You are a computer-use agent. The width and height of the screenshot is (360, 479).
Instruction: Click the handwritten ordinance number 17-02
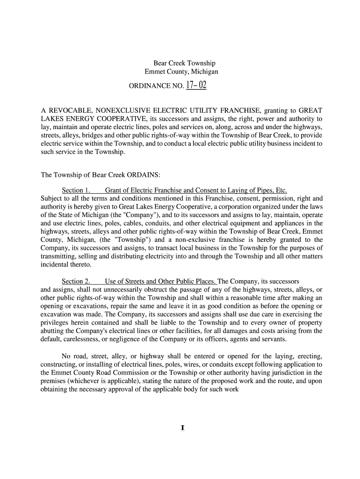(x=196, y=86)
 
